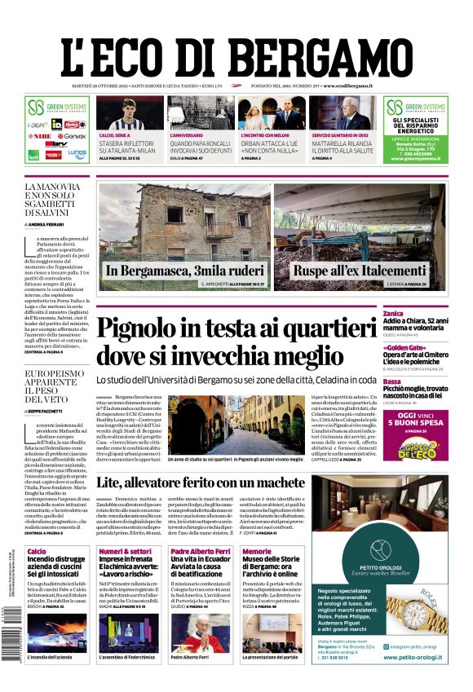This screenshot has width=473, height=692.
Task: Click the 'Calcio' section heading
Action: [37, 552]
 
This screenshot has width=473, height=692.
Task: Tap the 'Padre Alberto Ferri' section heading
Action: [200, 552]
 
